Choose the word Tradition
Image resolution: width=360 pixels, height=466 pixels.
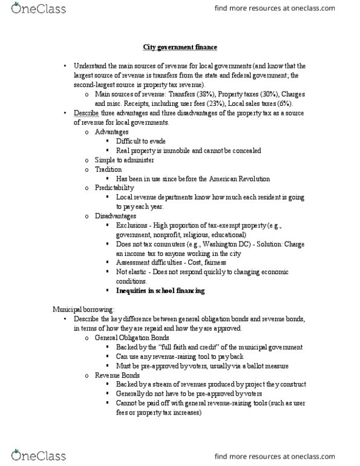[109, 170]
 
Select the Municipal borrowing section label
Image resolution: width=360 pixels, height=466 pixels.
[78, 310]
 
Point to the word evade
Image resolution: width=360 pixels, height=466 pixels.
[157, 141]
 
